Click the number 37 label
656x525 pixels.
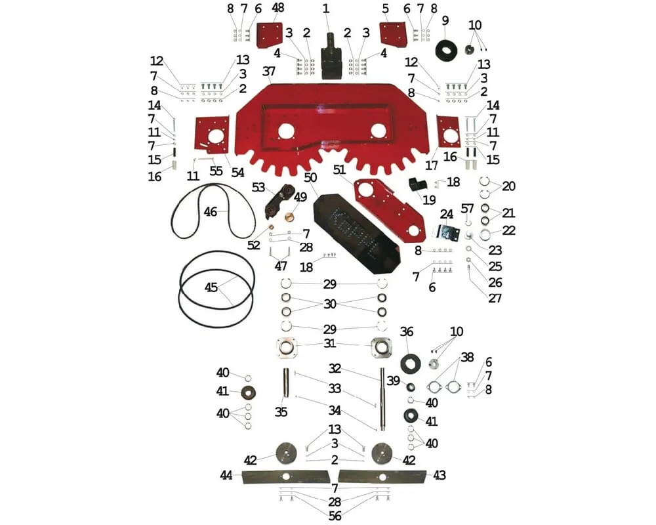tap(268, 70)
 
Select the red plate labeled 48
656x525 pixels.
tap(269, 35)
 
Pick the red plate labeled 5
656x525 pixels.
tap(393, 34)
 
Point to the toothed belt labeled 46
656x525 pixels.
tap(213, 211)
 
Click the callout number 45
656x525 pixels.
tap(211, 287)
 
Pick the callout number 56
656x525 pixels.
tap(335, 516)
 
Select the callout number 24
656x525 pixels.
tap(447, 213)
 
